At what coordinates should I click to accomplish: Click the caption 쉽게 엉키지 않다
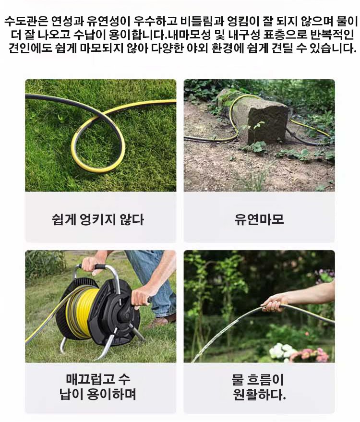click(x=98, y=219)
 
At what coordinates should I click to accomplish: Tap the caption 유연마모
click(x=259, y=219)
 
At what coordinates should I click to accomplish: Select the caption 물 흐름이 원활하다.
click(x=259, y=387)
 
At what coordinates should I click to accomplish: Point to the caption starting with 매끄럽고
click(x=98, y=386)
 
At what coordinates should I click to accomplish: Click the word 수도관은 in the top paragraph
click(x=26, y=21)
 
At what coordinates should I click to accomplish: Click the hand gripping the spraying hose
click(x=275, y=302)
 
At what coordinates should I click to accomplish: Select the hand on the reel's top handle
click(x=90, y=265)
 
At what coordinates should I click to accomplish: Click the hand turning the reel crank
click(x=141, y=297)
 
